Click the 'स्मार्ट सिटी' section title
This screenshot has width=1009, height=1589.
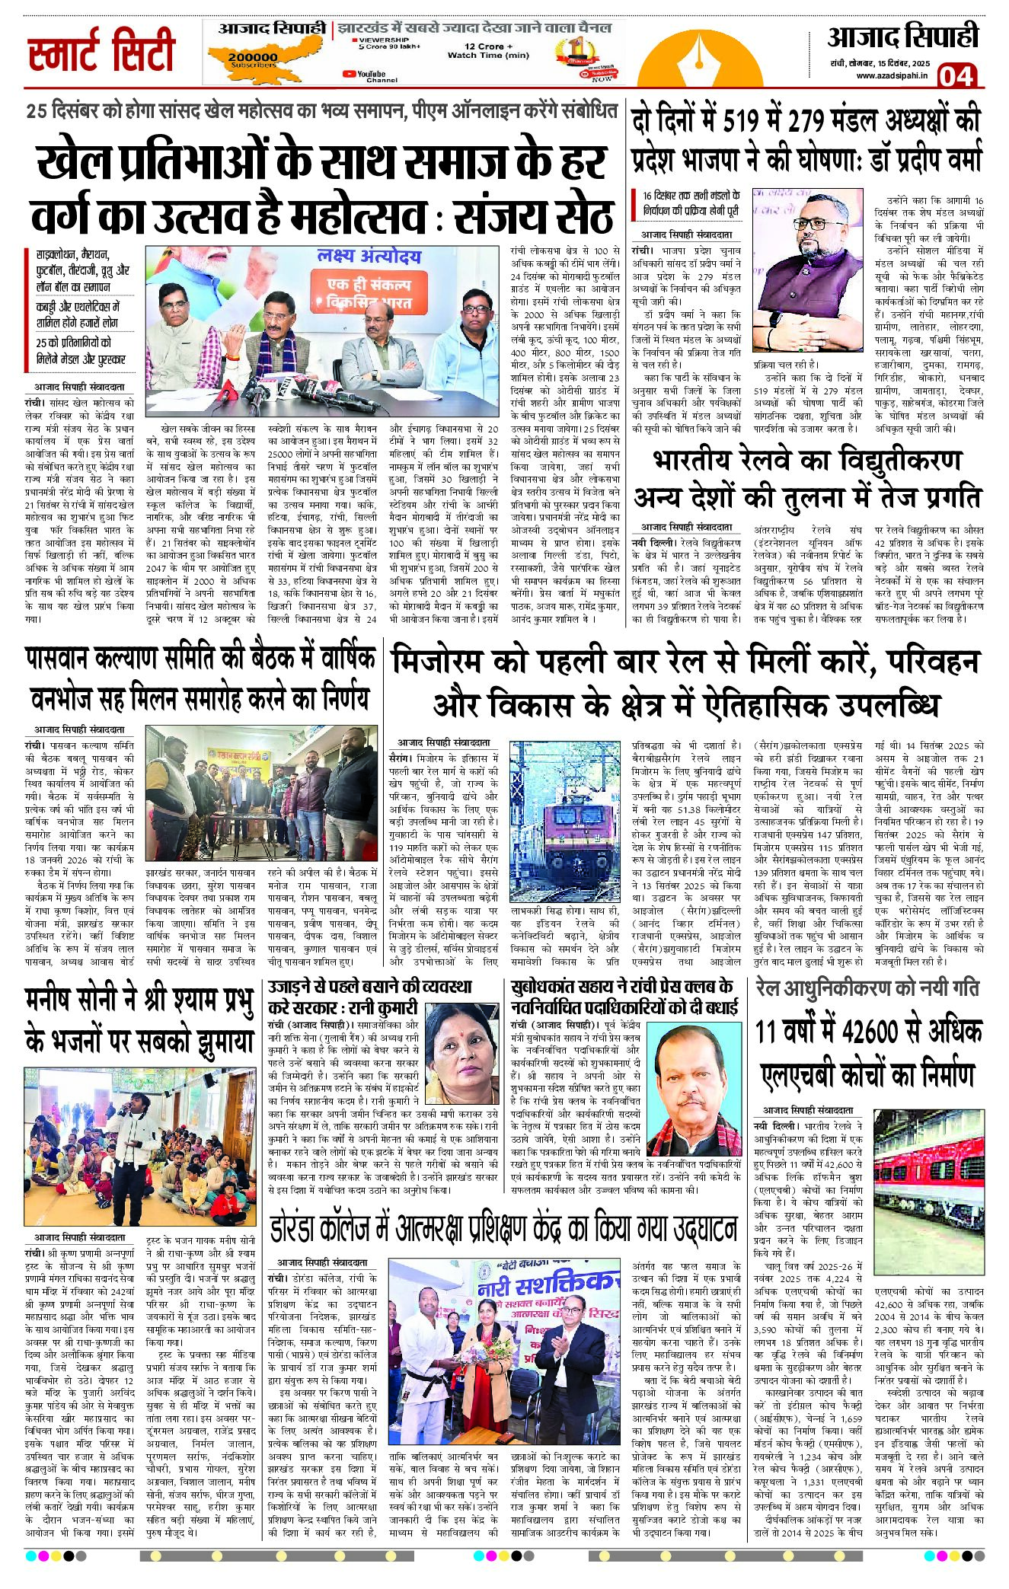coord(101,52)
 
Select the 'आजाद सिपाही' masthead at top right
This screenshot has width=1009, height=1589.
coord(902,37)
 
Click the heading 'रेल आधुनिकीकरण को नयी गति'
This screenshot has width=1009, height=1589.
coord(867,988)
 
